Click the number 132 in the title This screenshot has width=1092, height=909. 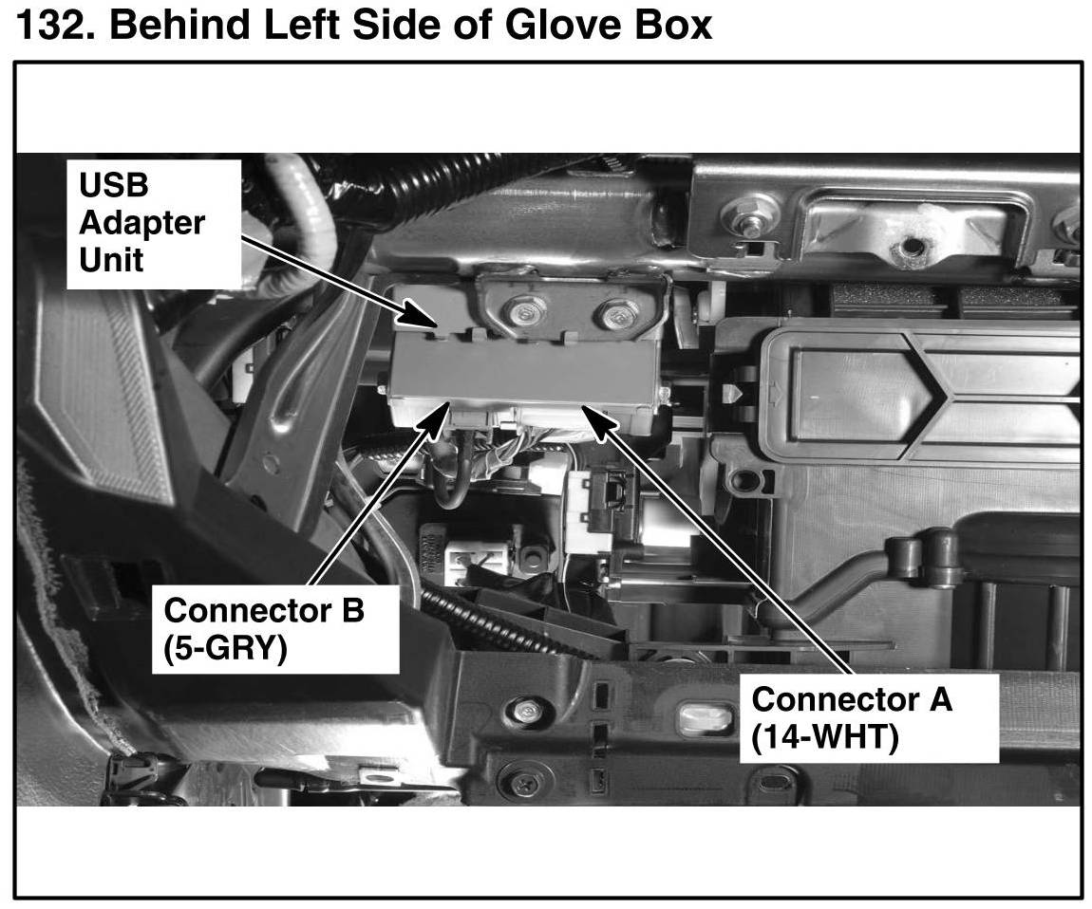pos(48,25)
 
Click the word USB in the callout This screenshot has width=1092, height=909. pos(114,185)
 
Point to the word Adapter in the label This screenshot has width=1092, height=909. pos(141,223)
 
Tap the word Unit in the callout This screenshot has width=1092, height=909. pos(111,259)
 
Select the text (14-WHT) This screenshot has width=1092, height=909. pos(824,738)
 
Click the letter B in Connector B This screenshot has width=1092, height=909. pos(352,611)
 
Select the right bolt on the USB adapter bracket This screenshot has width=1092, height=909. pos(618,312)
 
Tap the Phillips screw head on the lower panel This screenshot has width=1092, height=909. pos(523,784)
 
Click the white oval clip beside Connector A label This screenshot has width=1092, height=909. pos(705,717)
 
